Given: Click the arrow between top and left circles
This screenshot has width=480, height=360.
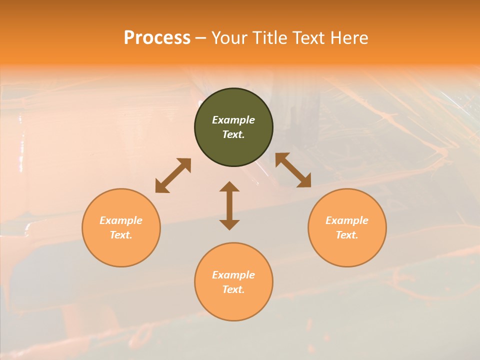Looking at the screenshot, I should point(173,175).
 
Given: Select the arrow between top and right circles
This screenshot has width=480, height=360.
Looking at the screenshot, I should point(293,170).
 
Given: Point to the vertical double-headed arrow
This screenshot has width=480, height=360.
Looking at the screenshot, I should point(229,206).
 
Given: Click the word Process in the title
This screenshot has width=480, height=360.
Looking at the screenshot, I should point(157,38).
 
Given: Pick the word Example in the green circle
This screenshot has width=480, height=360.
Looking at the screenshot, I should point(233,120).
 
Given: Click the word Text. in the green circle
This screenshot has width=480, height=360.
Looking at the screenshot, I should point(233,134).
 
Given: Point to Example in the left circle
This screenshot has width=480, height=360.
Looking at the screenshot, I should point(121,220).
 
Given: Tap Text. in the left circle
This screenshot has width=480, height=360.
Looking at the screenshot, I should point(121,235).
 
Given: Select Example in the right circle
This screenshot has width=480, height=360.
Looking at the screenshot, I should point(347,220).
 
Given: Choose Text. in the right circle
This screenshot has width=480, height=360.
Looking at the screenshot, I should point(347,235).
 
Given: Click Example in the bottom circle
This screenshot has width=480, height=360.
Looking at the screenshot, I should point(233,275).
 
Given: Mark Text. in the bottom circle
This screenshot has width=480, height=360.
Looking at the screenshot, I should point(233,289).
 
